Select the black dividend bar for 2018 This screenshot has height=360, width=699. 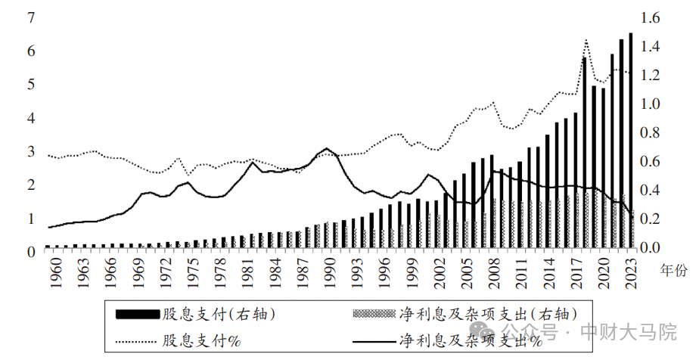(585, 151)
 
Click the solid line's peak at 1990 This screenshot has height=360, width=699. (326, 149)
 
